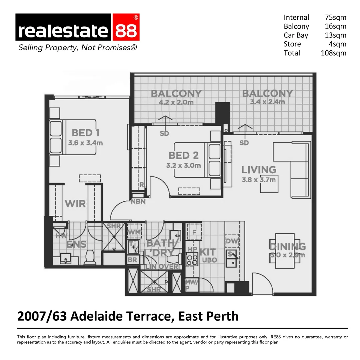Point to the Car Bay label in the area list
click(x=296, y=35)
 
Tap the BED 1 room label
click(x=85, y=133)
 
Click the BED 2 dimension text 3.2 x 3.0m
click(x=184, y=165)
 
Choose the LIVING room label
click(x=259, y=170)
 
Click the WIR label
click(x=75, y=204)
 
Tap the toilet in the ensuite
click(x=89, y=257)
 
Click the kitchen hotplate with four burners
click(x=192, y=260)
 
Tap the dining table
click(x=285, y=251)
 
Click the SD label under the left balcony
click(x=164, y=134)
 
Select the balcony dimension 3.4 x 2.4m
click(x=267, y=102)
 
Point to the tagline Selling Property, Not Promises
click(x=77, y=48)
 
